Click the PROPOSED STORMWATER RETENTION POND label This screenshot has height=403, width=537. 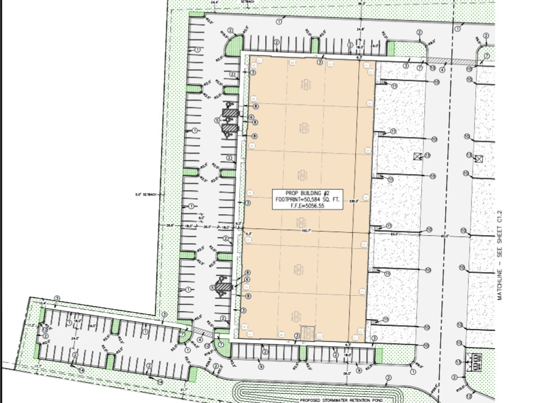[x=334, y=399]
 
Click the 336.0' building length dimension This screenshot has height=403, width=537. [x=354, y=200]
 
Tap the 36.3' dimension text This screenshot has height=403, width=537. [x=361, y=2]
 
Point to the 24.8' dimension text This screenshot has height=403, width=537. [x=360, y=29]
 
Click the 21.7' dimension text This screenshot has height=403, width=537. [x=184, y=389]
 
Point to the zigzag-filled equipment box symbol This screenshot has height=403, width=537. [x=478, y=359]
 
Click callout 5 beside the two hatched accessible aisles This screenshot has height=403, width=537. [x=217, y=120]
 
